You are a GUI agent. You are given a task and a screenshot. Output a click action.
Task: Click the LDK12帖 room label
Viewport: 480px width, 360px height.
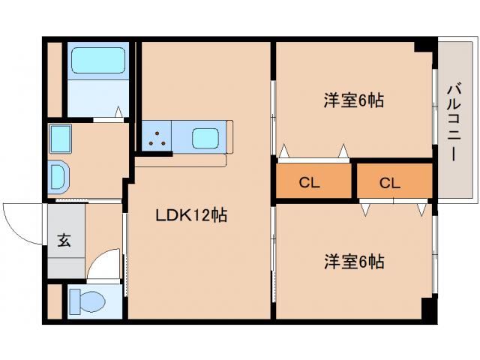coord(190,216)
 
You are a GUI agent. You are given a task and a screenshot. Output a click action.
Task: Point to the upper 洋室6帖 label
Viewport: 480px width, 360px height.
coord(353,100)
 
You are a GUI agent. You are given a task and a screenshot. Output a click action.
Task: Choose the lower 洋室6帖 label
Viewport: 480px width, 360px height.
coord(354,262)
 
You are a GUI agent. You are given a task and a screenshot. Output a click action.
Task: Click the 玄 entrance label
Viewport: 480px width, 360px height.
coord(64,241)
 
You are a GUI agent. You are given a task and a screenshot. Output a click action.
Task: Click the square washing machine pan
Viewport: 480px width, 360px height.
coord(59,139)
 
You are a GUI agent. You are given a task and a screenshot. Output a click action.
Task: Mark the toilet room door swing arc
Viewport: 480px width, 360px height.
coord(103,266)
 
